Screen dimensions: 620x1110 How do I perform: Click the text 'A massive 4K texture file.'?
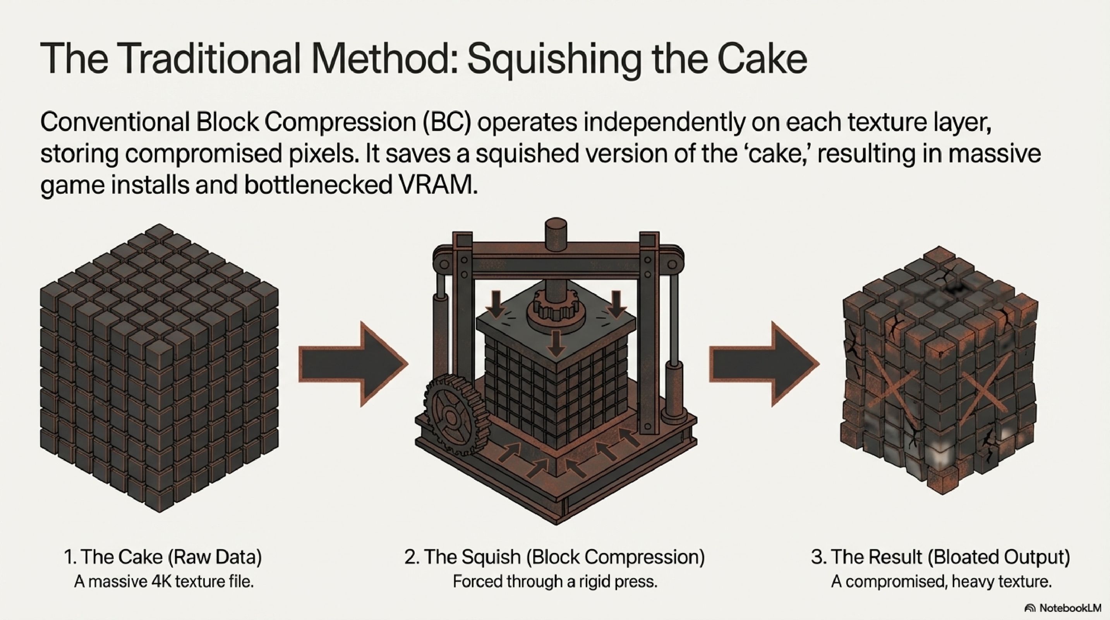point(164,582)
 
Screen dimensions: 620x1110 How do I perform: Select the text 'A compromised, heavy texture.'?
point(941,582)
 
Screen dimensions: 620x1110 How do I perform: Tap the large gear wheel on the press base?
point(451,416)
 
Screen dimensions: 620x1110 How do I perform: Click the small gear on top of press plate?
point(555,307)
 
